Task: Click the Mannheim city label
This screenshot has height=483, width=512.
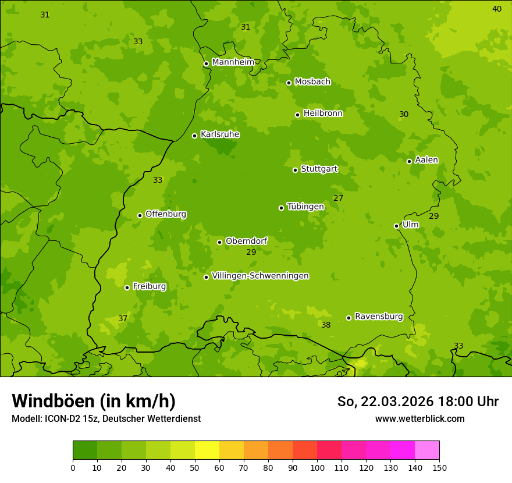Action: (x=233, y=62)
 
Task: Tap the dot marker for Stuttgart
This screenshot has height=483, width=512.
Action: (x=295, y=170)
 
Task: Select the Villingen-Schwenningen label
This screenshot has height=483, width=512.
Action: (x=260, y=276)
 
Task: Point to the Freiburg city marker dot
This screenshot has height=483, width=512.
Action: (x=127, y=287)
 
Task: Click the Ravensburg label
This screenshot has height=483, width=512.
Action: (x=378, y=317)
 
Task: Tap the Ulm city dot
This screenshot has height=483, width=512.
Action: (x=396, y=226)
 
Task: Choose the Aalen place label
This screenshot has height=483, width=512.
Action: (x=426, y=160)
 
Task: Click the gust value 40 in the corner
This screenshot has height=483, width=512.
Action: (x=496, y=9)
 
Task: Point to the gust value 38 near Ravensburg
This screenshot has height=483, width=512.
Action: (x=326, y=325)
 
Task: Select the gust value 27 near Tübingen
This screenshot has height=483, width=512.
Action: (x=338, y=198)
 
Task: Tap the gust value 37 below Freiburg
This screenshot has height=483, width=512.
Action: (x=123, y=318)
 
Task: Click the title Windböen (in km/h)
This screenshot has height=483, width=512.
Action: (x=94, y=401)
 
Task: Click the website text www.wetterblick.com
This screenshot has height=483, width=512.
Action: (x=419, y=418)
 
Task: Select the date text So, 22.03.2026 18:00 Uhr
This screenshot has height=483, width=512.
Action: (x=418, y=402)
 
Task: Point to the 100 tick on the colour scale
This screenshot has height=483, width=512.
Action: (x=317, y=467)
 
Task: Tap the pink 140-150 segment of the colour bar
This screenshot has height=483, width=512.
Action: (x=427, y=450)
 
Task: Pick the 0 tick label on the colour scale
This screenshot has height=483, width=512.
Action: (x=73, y=467)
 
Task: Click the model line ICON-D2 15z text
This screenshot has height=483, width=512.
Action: (x=106, y=418)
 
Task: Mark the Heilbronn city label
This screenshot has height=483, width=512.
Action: (x=322, y=113)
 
